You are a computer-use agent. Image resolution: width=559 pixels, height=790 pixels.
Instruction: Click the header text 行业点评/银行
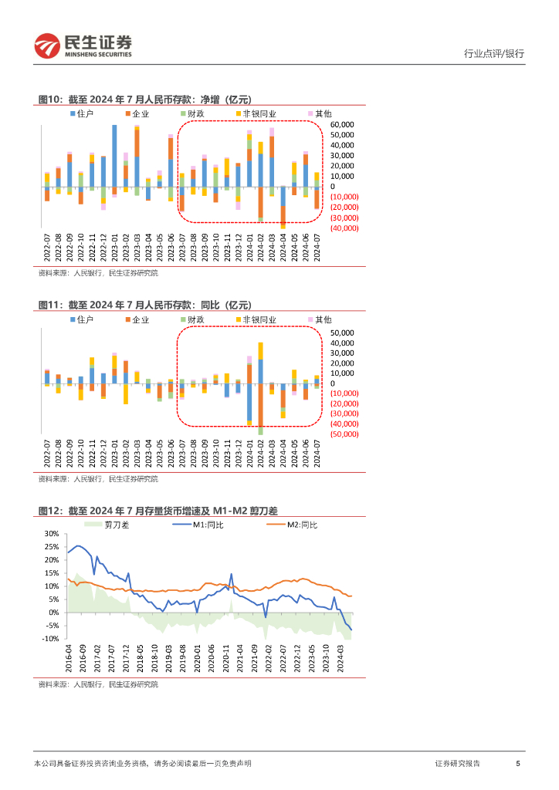point(493,54)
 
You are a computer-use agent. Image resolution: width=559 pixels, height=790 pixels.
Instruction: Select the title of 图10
point(145,99)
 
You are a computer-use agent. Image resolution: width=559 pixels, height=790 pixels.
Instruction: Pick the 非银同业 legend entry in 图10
point(256,114)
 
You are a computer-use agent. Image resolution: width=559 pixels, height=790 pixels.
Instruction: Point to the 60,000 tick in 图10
point(342,124)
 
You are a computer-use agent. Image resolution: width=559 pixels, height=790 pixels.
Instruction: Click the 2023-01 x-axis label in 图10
point(114,248)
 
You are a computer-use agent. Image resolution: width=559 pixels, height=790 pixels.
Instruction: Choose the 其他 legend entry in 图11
point(319,319)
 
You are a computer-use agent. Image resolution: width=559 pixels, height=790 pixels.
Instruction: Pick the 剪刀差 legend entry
point(111,525)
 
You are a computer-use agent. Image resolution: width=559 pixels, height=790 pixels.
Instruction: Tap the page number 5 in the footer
point(517,763)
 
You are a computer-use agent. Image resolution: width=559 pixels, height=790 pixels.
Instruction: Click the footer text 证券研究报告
point(457,763)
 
